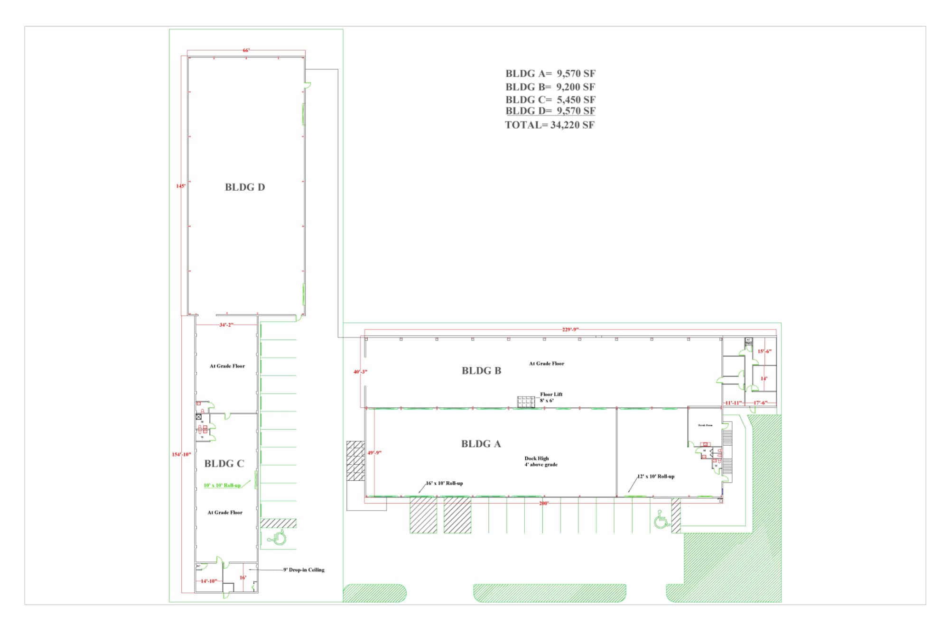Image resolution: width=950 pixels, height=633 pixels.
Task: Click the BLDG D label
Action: pyautogui.click(x=245, y=187)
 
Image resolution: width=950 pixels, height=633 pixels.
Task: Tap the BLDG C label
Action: pyautogui.click(x=224, y=464)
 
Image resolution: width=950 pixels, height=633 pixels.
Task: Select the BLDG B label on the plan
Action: pyautogui.click(x=481, y=371)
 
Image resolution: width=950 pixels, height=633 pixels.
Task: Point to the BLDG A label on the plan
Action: pyautogui.click(x=481, y=444)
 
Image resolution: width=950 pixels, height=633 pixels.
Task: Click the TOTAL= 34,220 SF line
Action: pyautogui.click(x=550, y=125)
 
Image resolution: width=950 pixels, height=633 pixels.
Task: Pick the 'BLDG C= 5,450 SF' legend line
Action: pyautogui.click(x=550, y=100)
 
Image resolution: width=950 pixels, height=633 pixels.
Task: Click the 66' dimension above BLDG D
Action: pyautogui.click(x=246, y=50)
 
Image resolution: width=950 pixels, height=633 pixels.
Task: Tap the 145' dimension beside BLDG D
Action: pyautogui.click(x=181, y=186)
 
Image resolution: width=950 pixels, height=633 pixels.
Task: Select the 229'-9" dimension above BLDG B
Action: pyautogui.click(x=570, y=330)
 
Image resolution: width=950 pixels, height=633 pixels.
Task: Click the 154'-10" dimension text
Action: pyautogui.click(x=181, y=455)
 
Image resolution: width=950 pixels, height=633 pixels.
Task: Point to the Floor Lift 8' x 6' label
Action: pyautogui.click(x=550, y=397)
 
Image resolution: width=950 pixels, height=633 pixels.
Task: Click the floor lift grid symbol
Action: pyautogui.click(x=526, y=402)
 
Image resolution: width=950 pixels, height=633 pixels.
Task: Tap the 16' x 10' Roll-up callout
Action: pyautogui.click(x=444, y=484)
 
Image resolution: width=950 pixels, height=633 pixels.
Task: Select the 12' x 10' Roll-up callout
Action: pyautogui.click(x=655, y=477)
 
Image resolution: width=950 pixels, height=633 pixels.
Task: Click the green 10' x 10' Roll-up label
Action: pyautogui.click(x=222, y=486)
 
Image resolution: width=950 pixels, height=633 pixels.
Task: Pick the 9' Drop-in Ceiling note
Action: pyautogui.click(x=304, y=570)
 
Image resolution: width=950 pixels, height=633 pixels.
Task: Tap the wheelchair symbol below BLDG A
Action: pyautogui.click(x=661, y=520)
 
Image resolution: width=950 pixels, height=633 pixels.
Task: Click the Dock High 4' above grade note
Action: pyautogui.click(x=540, y=462)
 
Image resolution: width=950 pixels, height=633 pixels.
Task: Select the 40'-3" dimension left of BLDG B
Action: pyautogui.click(x=360, y=372)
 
